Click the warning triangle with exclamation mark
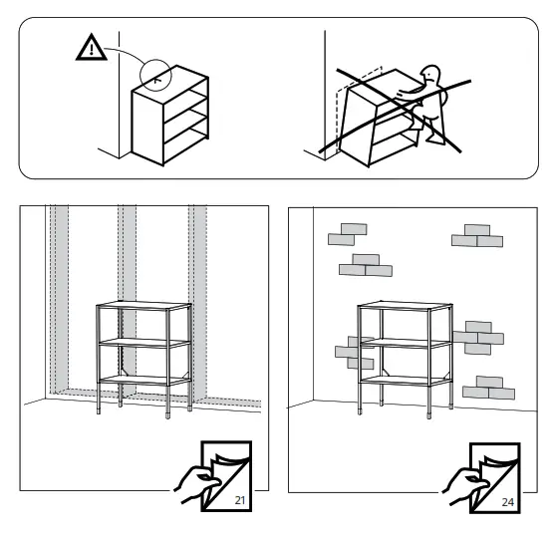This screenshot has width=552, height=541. coord(92,48)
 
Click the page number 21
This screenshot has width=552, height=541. coord(240,500)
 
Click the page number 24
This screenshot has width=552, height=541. coord(507,502)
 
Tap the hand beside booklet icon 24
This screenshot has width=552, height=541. coord(464,487)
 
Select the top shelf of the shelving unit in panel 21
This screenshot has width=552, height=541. coord(144,306)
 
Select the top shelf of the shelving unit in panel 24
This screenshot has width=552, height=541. coord(406,306)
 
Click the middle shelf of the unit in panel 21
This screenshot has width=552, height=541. coord(144,343)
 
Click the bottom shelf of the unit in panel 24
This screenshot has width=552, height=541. coord(406,381)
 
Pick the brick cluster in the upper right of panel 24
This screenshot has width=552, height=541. coord(477,235)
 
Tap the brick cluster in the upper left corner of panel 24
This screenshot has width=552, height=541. coord(348,234)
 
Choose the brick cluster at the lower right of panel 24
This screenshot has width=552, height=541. coord(488,388)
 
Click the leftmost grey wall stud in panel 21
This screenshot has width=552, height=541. coord(59,299)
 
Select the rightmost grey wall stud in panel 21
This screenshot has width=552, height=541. coord(197,303)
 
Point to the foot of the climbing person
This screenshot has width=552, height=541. coord(435,139)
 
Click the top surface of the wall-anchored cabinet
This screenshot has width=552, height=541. coord(170,79)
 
